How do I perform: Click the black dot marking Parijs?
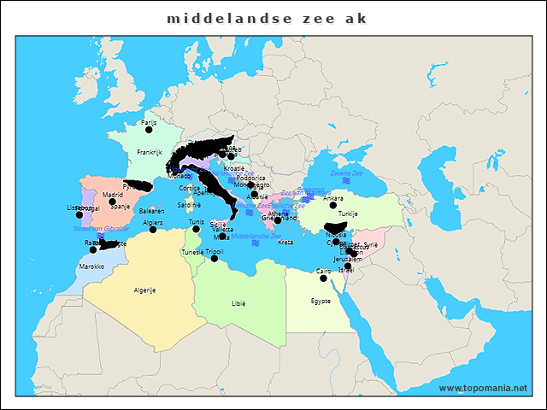[x=149, y=130]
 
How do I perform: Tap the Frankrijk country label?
[x=149, y=152]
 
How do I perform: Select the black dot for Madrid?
[x=112, y=202]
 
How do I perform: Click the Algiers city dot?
[x=153, y=229]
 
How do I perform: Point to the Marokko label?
[x=91, y=266]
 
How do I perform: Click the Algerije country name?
[x=144, y=290]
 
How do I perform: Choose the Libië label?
[x=238, y=303]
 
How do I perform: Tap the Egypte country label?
[x=321, y=301]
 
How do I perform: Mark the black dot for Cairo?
[x=323, y=278]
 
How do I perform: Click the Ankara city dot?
[x=333, y=205]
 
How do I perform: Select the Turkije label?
[x=348, y=214]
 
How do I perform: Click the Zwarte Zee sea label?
[x=346, y=173]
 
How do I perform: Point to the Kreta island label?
[x=285, y=243]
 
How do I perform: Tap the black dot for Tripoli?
[x=215, y=259]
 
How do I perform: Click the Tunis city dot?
[x=197, y=229]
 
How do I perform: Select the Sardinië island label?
[x=189, y=205]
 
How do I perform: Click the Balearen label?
[x=151, y=210]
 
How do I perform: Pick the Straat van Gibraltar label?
[x=101, y=229]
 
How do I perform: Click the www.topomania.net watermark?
[x=483, y=388]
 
